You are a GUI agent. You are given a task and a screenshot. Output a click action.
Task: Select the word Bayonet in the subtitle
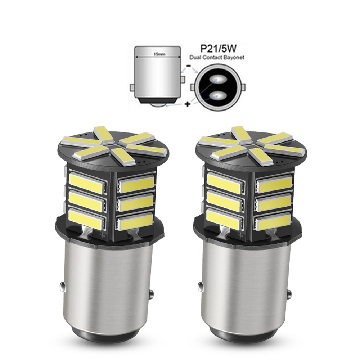[x=235, y=57]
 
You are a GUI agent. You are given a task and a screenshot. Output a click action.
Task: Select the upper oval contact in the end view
[x=219, y=79]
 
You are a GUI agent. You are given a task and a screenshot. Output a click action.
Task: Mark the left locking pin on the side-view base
[x=132, y=87]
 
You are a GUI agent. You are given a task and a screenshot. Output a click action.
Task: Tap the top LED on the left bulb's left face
[x=86, y=182]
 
